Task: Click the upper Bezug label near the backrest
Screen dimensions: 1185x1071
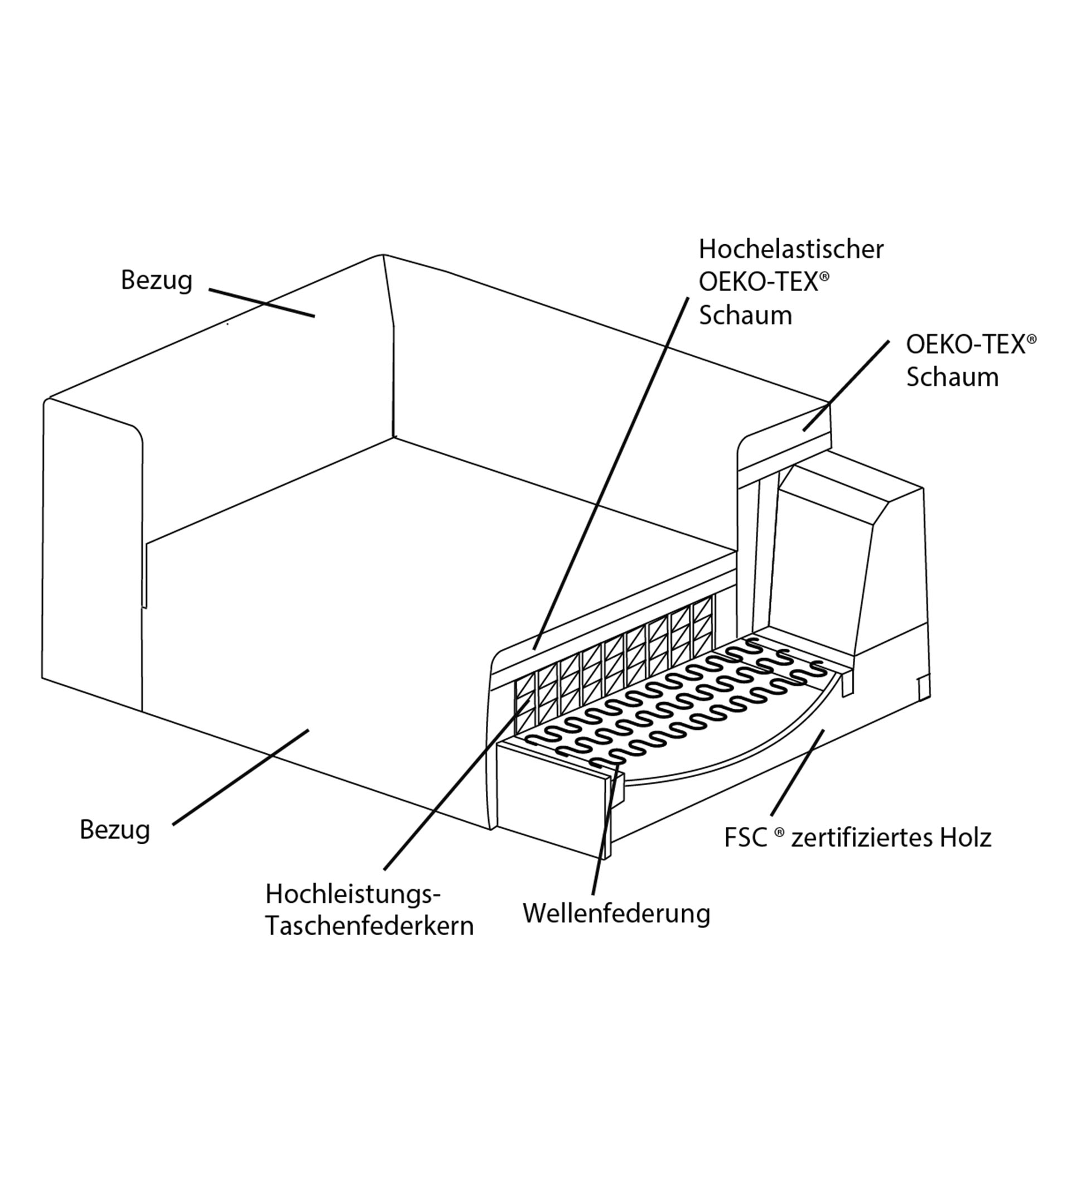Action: [156, 280]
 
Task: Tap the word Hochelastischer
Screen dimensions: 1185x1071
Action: [790, 250]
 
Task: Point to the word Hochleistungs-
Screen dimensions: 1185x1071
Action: [352, 894]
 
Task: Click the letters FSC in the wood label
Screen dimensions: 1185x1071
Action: [745, 838]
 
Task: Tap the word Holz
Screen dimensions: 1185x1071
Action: [964, 838]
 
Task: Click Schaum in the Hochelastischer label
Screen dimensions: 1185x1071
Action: [745, 316]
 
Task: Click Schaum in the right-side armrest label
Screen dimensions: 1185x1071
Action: [952, 377]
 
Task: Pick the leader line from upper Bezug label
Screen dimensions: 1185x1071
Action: [262, 303]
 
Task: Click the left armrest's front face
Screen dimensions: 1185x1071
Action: [92, 558]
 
